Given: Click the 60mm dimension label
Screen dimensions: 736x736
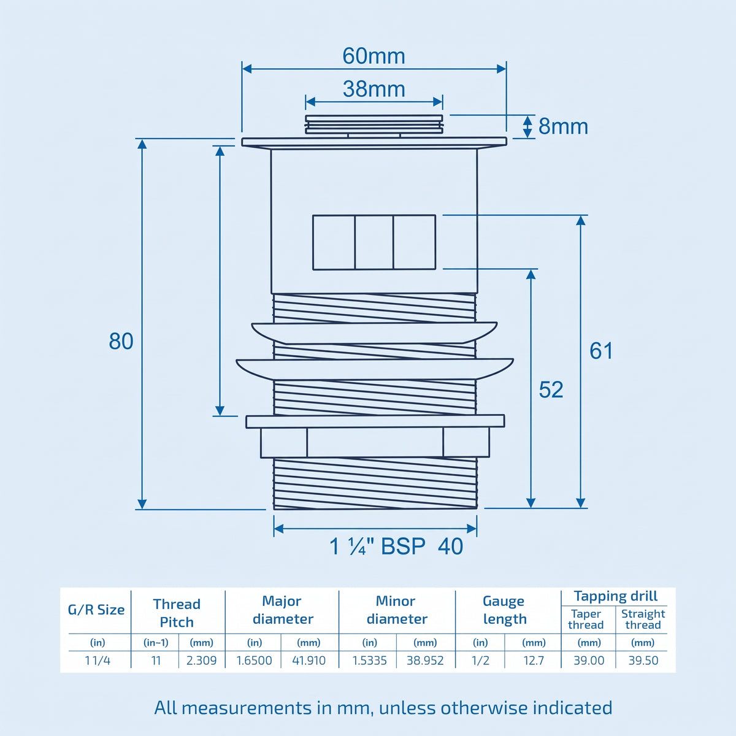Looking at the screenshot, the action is pos(374,56).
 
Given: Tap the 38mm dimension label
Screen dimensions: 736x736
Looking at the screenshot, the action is pos(374,89).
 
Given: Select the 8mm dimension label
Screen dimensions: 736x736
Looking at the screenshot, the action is pos(563,126).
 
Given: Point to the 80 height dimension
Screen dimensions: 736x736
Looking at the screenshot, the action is pos(121,341).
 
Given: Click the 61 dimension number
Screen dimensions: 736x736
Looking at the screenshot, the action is pos(601,351).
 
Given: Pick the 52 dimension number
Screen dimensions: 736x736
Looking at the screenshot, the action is pos(551,389).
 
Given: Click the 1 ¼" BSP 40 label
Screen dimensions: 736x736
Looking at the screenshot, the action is pos(396,546).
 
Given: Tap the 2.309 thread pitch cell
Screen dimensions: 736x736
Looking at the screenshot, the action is pos(201,661).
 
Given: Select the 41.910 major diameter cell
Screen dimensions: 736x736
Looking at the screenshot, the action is pos(309,661).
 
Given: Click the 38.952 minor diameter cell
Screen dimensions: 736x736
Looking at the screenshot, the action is pos(424,661).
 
